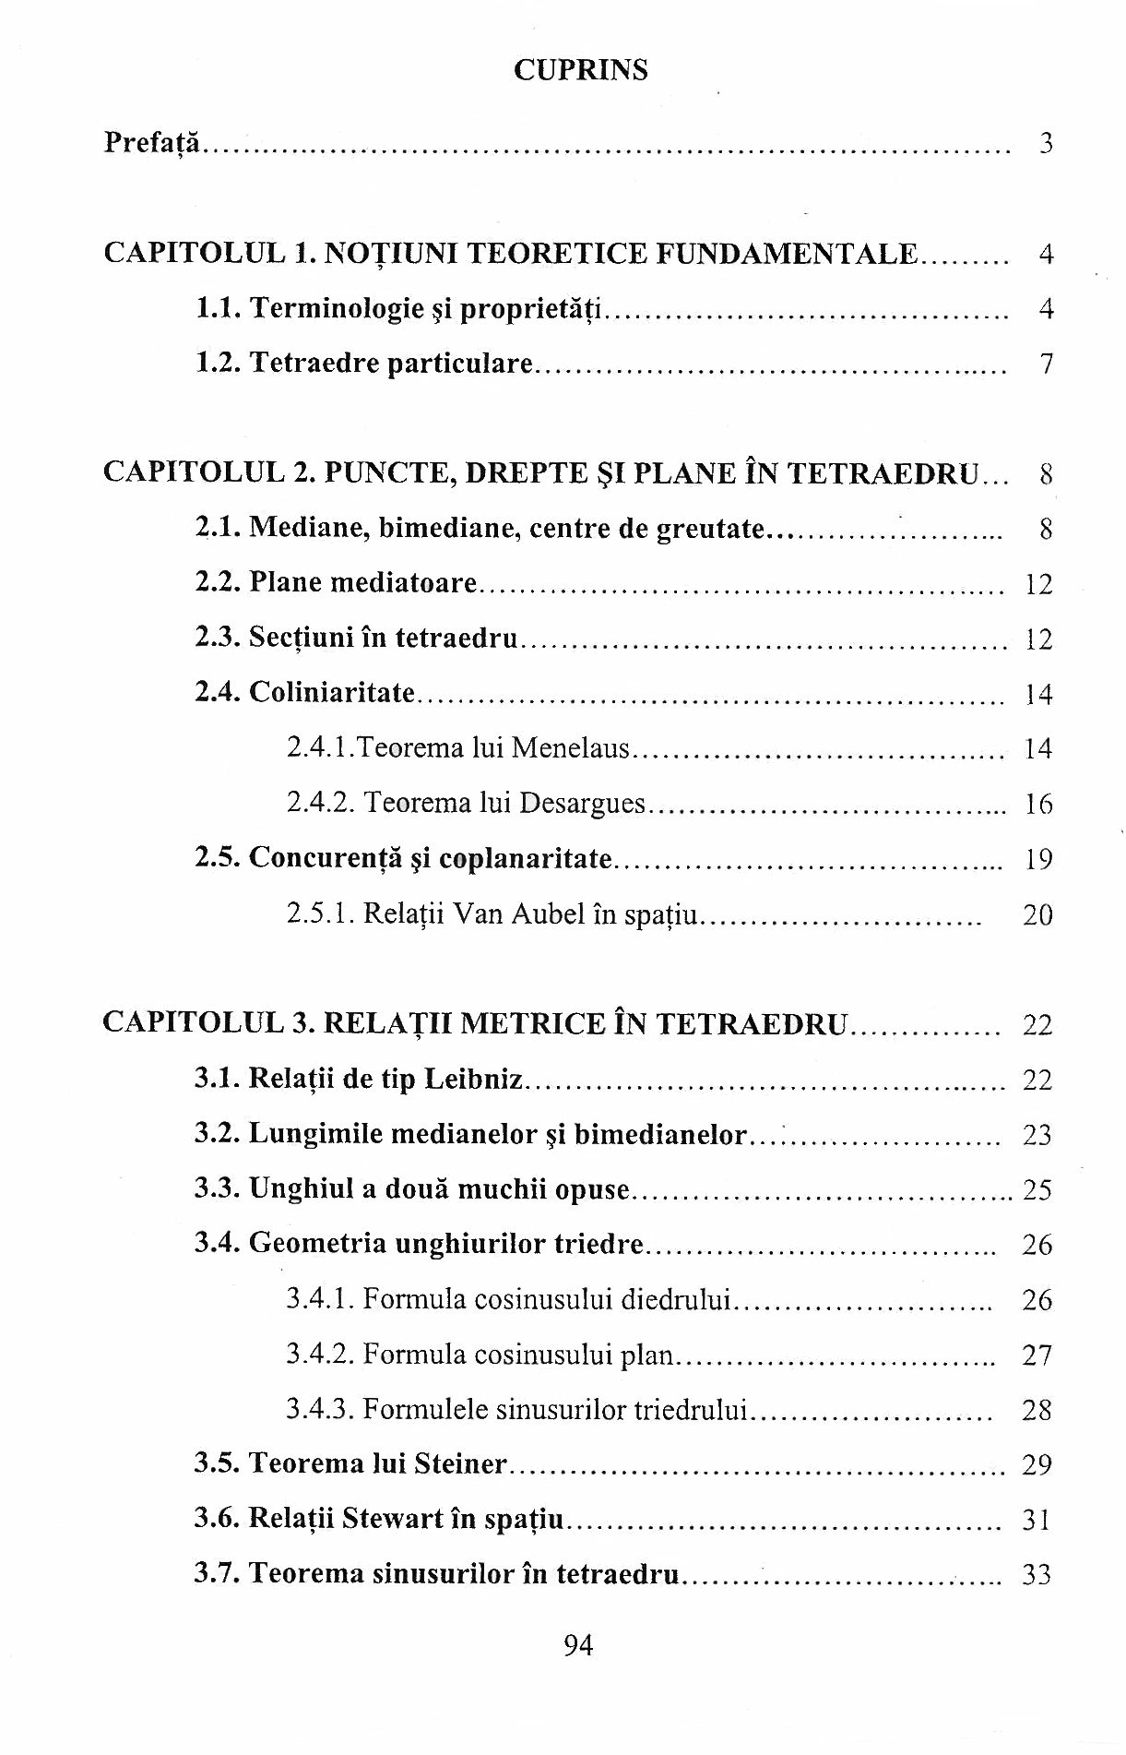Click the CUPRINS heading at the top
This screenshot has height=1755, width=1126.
click(x=580, y=70)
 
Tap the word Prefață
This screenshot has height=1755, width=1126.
click(x=151, y=143)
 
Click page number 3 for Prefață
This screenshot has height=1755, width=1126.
click(x=1045, y=143)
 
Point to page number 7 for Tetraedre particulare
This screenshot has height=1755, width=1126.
click(x=1045, y=364)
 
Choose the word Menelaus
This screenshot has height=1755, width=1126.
click(x=570, y=747)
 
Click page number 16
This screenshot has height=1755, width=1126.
click(x=1038, y=804)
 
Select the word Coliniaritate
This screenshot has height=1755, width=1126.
click(x=332, y=692)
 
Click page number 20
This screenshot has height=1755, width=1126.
click(x=1037, y=914)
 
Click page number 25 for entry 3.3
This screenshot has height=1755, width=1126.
click(x=1037, y=1189)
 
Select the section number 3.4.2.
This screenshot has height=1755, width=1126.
click(x=320, y=1355)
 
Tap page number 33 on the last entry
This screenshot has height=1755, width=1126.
click(x=1037, y=1574)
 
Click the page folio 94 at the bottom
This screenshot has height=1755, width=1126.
click(x=577, y=1645)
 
